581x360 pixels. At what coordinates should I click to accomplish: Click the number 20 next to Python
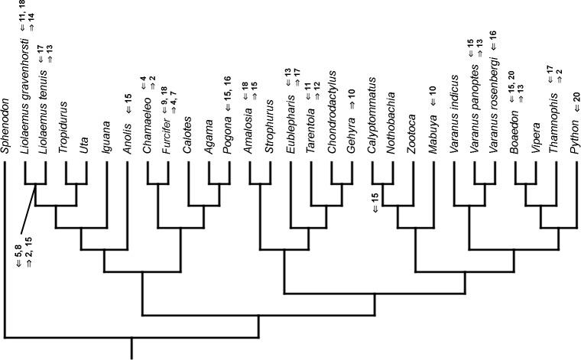(x=576, y=98)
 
